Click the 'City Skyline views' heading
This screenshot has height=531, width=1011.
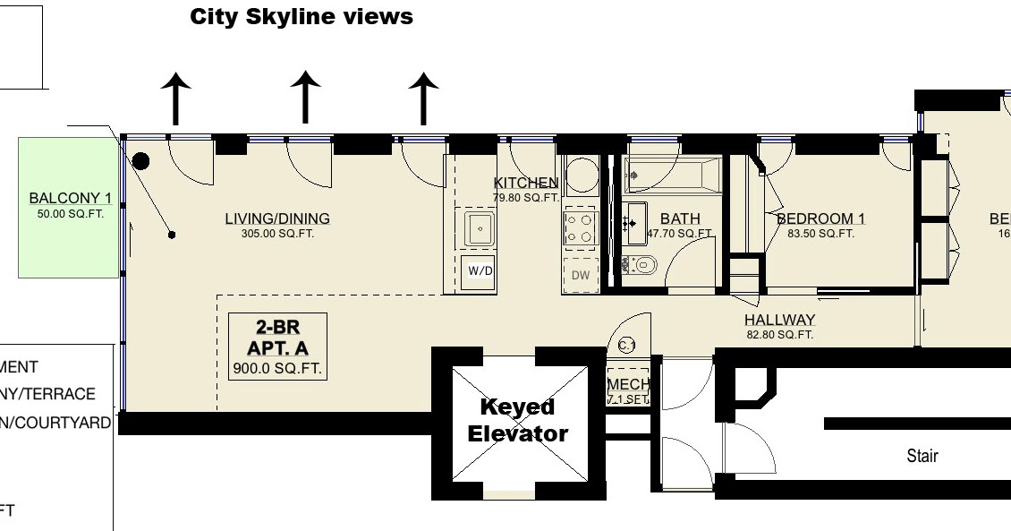[x=302, y=17]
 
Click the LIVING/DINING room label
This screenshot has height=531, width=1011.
[x=276, y=218]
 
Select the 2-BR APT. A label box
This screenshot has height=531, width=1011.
[x=277, y=347]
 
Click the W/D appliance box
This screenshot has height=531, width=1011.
[x=479, y=270]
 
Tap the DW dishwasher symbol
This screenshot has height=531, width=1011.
[x=581, y=275]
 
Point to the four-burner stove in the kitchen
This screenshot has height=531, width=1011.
[x=580, y=227]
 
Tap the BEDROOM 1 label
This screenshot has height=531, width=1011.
[x=820, y=218]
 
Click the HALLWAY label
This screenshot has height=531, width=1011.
[x=779, y=320]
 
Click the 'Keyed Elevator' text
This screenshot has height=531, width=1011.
[x=524, y=420]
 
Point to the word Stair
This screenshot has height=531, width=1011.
[x=922, y=456]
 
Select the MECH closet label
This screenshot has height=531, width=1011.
[x=627, y=385]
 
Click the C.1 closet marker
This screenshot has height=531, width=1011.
[x=626, y=346]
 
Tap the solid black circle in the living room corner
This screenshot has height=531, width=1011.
[x=140, y=162]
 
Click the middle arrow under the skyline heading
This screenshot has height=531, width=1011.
[x=306, y=97]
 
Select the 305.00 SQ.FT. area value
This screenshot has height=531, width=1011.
[x=276, y=234]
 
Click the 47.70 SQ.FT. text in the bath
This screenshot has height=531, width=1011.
[x=680, y=234]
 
